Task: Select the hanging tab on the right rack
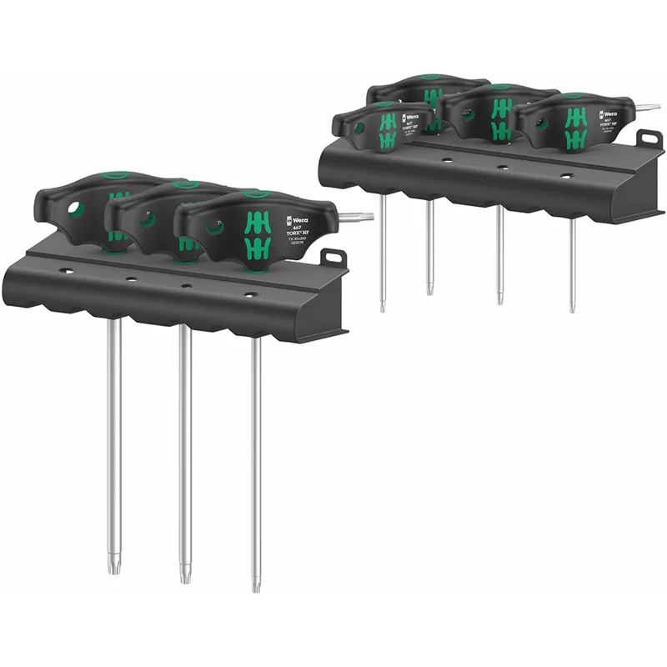(x=649, y=137)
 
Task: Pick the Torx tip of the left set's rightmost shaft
(x=257, y=584)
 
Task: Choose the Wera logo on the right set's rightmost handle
(x=609, y=111)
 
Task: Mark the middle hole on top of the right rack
(x=503, y=167)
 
